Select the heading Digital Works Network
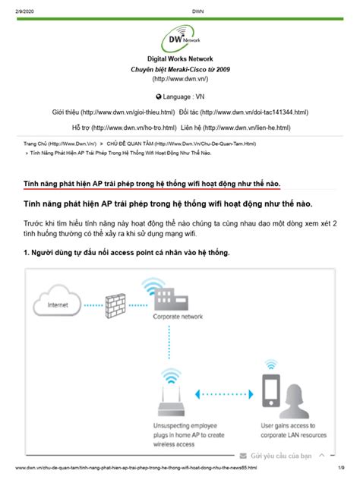coord(180,58)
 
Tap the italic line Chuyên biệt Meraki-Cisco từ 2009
coord(180,69)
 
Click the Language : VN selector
coord(180,97)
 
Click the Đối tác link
coord(245,112)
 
